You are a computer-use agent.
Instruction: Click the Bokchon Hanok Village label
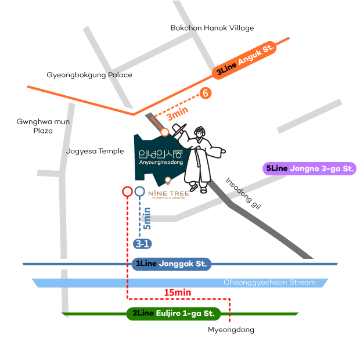pos(212,28)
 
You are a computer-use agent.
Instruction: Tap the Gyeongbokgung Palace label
pos(89,75)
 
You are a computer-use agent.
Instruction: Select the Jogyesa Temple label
pos(95,151)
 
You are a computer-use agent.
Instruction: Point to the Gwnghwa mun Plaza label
pos(43,126)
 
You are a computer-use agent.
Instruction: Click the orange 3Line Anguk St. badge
pos(244,60)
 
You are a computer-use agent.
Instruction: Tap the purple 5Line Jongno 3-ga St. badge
pos(309,168)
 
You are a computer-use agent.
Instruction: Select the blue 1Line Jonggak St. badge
pos(171,264)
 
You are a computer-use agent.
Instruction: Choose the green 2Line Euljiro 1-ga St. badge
pos(174,314)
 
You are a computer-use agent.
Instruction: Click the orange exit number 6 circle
pos(205,93)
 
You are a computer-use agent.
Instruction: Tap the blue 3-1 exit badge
pos(142,244)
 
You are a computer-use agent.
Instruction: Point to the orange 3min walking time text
pos(178,113)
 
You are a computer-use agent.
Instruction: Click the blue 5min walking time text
pos(147,218)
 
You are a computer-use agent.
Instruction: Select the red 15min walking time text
pos(178,293)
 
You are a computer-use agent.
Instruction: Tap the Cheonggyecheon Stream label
pos(269,282)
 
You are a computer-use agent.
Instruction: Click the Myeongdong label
pos(231,330)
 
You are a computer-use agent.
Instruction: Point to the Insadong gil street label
pos(243,193)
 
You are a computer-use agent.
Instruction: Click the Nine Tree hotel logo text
pos(168,194)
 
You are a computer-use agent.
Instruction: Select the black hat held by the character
pos(179,130)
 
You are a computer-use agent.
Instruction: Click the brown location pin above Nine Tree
pos(168,181)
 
